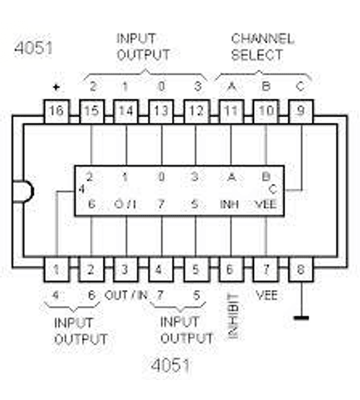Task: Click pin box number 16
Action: pyautogui.click(x=57, y=111)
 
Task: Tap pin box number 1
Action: pyautogui.click(x=57, y=270)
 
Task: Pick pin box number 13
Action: pyautogui.click(x=161, y=111)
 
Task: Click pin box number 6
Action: pyautogui.click(x=231, y=270)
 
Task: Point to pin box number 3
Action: pyautogui.click(x=126, y=270)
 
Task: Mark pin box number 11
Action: pyautogui.click(x=231, y=111)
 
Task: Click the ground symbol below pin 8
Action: pyautogui.click(x=301, y=317)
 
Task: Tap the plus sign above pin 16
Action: pyautogui.click(x=56, y=87)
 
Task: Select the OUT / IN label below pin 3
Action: pyautogui.click(x=126, y=295)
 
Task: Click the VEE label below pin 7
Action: pyautogui.click(x=266, y=294)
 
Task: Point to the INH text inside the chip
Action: pyautogui.click(x=231, y=204)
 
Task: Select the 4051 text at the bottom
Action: pyautogui.click(x=170, y=365)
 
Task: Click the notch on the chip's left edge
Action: pyautogui.click(x=27, y=191)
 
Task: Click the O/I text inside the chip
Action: pyautogui.click(x=126, y=204)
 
